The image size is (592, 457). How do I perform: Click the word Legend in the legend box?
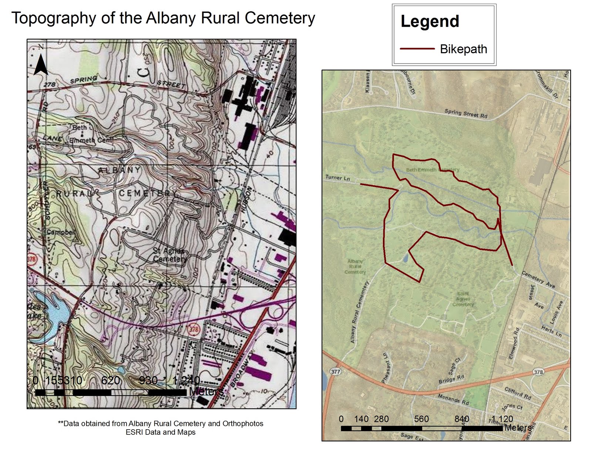pos(430,21)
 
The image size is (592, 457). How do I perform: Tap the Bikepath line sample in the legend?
pos(417,49)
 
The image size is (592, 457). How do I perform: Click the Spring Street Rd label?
pos(466,114)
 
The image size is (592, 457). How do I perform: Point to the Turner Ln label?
pos(337,178)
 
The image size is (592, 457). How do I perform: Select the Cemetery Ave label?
pos(538,280)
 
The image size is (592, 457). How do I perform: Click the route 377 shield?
pos(335,372)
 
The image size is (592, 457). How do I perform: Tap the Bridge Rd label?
pos(451,379)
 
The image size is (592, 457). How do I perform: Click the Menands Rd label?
pos(453,399)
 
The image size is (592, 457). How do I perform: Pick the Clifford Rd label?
pos(518,393)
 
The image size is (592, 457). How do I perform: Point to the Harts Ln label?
pos(551,331)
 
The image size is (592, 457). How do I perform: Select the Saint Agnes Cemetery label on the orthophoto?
pos(463,299)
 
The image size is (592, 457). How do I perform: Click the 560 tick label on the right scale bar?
pos(421,419)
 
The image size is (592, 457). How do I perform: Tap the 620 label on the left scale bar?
pos(110,380)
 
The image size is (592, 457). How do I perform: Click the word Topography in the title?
pos(53,18)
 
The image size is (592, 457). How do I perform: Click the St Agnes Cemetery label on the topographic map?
pos(169,255)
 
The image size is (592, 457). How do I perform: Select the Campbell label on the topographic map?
pos(61,232)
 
